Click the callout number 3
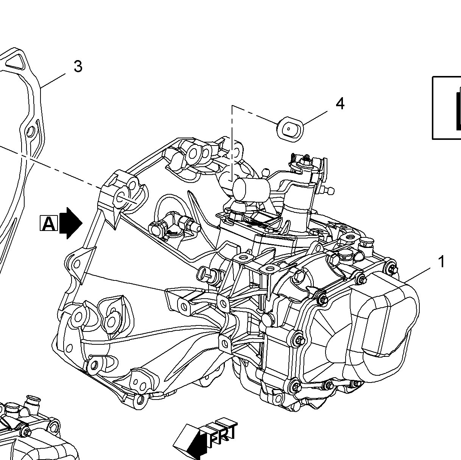[x=78, y=67]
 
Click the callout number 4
[x=340, y=104]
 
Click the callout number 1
[x=441, y=262]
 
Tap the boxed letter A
[x=48, y=223]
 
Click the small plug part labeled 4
[x=290, y=129]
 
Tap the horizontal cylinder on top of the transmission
[x=251, y=189]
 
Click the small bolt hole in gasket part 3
[x=30, y=132]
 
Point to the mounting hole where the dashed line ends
[x=123, y=196]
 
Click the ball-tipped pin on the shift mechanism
[x=330, y=191]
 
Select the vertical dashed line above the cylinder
[x=232, y=144]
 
